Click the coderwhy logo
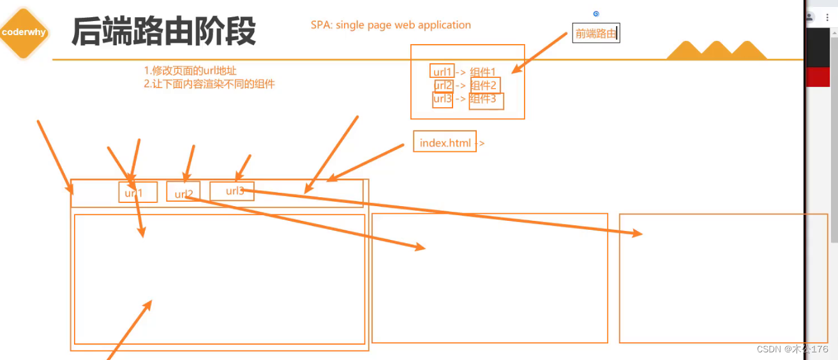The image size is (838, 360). point(24,33)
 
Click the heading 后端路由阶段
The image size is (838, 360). point(163,31)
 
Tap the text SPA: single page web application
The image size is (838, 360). point(391,26)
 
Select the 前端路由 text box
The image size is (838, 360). point(595,34)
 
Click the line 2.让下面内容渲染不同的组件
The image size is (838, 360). point(209,84)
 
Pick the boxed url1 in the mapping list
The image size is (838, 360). point(442,71)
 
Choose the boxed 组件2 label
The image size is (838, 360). point(485,86)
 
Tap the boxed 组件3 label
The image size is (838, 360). point(486,100)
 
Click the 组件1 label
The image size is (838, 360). point(483,72)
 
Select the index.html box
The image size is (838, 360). point(445,142)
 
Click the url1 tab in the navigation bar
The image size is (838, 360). point(138,192)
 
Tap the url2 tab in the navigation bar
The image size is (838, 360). point(183,192)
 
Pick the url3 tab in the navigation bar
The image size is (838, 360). point(232,191)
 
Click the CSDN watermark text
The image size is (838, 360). point(791,349)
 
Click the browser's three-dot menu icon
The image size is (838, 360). point(827,17)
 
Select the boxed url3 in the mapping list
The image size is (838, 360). point(442,100)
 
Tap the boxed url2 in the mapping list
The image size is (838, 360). point(443,86)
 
